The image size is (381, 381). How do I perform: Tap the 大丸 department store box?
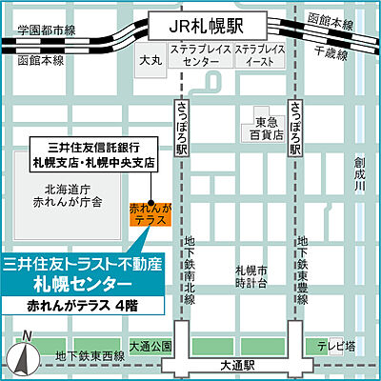tap(150, 59)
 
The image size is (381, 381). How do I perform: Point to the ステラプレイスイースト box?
tap(259, 54)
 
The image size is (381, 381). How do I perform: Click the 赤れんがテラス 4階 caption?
tap(86, 307)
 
